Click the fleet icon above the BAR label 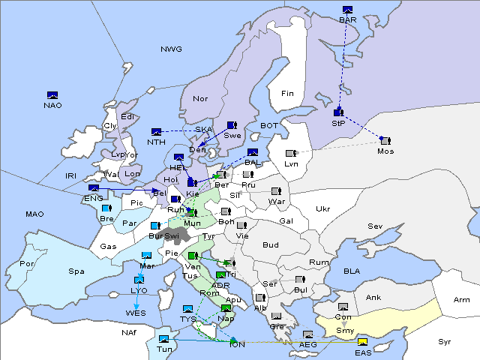[x=347, y=10]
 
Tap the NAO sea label [x=52, y=105]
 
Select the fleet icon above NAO [x=52, y=95]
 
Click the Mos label [x=385, y=151]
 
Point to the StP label [x=337, y=122]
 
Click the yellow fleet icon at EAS [x=362, y=343]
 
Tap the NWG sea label [x=171, y=49]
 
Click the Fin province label [x=287, y=94]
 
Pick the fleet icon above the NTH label [x=156, y=132]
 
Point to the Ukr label [x=322, y=208]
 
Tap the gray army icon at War [x=275, y=191]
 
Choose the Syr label [x=445, y=341]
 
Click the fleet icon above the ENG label [x=93, y=188]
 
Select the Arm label [x=462, y=300]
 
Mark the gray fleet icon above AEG [x=307, y=334]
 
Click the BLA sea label [x=352, y=270]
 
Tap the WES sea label [x=136, y=312]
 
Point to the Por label [x=28, y=264]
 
